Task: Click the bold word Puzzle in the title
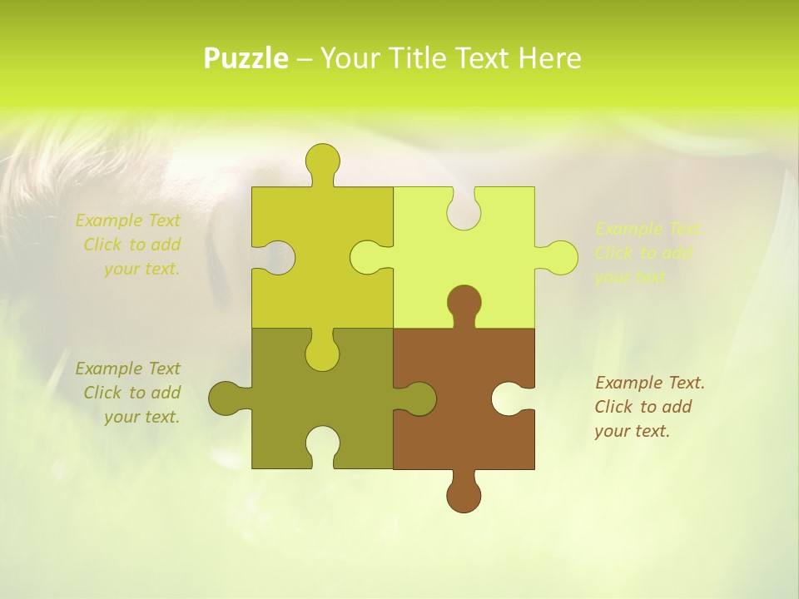click(246, 59)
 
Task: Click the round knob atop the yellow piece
click(322, 161)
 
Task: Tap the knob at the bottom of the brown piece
click(464, 495)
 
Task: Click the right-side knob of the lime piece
click(560, 257)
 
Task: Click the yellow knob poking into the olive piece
click(322, 353)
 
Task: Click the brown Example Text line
click(650, 383)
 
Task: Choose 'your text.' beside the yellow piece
click(141, 269)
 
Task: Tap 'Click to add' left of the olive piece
click(132, 393)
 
